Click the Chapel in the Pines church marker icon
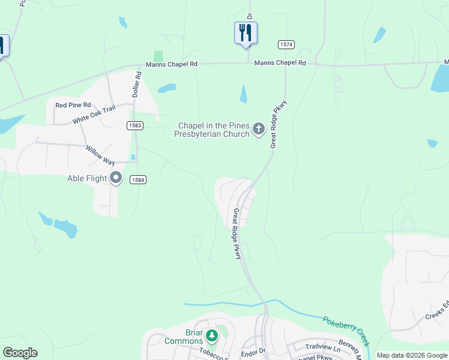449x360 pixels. [259, 129]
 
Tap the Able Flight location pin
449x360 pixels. [116, 178]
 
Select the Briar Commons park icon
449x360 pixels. [211, 335]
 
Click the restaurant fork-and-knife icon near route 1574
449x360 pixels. [246, 32]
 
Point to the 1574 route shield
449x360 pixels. [286, 45]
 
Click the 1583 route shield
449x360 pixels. [134, 125]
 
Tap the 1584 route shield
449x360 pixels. [137, 179]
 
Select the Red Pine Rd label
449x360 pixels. [73, 105]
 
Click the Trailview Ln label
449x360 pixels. [322, 347]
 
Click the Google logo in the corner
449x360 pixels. [20, 353]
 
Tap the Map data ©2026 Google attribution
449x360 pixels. [412, 355]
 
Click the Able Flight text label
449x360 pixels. [87, 178]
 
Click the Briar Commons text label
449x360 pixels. [184, 337]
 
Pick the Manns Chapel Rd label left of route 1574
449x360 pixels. [171, 64]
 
